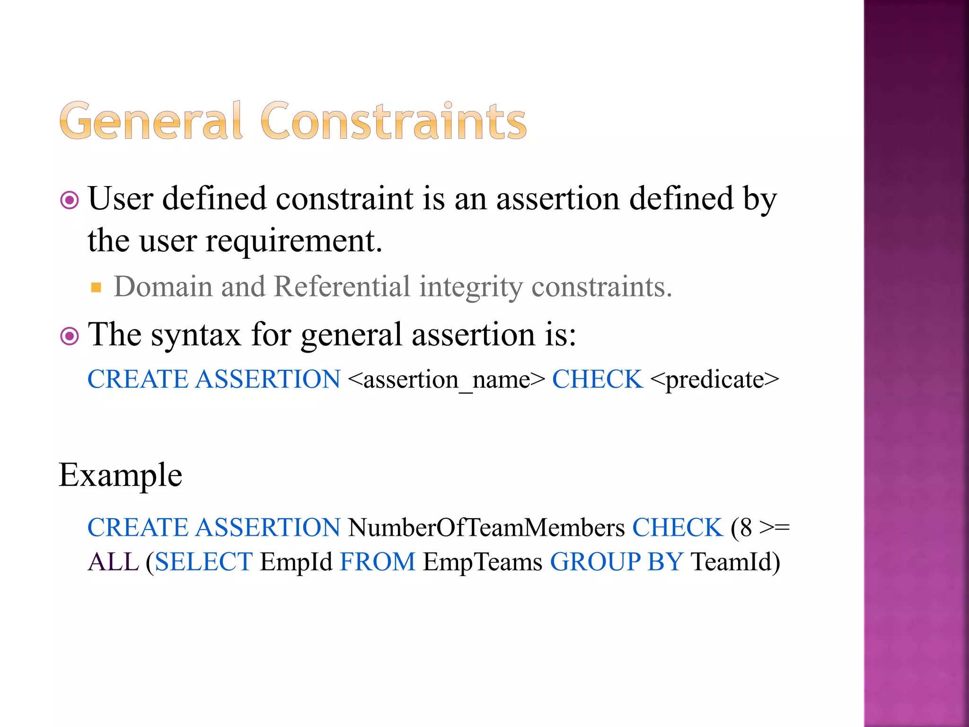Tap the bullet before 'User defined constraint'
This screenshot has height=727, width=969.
[x=70, y=200]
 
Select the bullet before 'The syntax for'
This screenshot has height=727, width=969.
[x=70, y=337]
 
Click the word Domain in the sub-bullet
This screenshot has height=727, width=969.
[x=163, y=287]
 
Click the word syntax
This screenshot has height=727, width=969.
[x=196, y=335]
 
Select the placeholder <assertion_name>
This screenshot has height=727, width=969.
[x=446, y=380]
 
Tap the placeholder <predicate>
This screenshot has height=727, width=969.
[x=714, y=380]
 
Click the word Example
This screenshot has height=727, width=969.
[x=120, y=475]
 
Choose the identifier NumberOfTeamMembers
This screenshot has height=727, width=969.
[x=486, y=527]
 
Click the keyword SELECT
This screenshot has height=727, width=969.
[x=203, y=562]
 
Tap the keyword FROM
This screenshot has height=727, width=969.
[x=377, y=562]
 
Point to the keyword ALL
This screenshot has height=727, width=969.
[x=113, y=562]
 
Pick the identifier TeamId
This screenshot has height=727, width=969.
[x=731, y=562]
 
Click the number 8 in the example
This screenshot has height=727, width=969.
[x=746, y=527]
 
